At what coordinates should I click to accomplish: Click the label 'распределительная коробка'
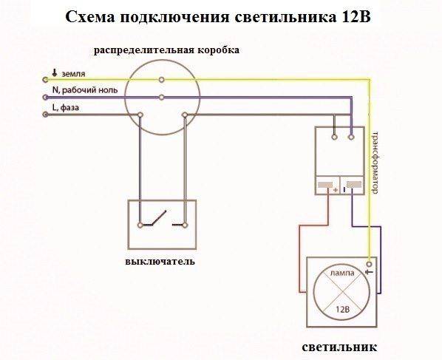166,50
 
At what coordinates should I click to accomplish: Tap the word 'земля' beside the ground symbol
73,74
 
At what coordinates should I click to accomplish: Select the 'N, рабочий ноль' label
85,90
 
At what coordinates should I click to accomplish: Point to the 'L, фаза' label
65,108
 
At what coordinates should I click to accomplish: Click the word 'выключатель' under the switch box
160,262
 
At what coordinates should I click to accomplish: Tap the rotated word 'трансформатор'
375,163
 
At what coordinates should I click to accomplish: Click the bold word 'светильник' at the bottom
339,347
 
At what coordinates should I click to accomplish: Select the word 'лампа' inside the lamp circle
342,273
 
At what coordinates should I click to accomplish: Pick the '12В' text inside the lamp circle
342,310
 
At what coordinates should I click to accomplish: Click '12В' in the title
356,17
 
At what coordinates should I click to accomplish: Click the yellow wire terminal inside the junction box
162,80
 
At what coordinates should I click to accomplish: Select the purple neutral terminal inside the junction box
162,98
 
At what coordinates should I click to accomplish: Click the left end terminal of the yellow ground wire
45,80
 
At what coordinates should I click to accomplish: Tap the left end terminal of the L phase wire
45,115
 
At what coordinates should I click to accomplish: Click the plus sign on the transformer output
335,190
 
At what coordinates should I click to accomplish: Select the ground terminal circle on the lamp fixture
370,265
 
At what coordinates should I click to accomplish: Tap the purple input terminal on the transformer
351,137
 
